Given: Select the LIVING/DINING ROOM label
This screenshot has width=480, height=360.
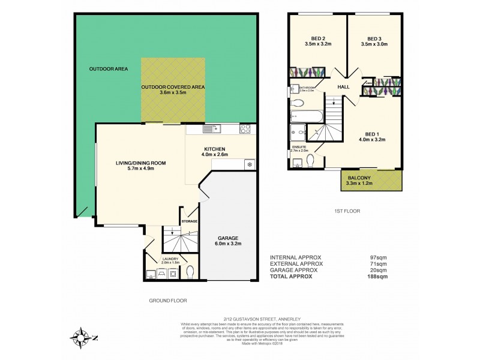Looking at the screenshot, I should (x=141, y=162).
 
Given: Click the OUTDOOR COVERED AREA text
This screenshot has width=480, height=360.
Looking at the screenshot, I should (x=173, y=87).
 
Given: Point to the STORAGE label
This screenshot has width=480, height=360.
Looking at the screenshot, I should (x=189, y=221).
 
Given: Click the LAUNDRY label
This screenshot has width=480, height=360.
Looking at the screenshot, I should (x=170, y=259).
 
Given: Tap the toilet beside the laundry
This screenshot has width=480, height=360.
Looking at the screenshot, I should (x=190, y=272).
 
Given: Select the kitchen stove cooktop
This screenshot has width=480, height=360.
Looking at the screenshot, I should (x=245, y=128).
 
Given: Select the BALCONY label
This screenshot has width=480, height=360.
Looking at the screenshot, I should (x=361, y=178).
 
